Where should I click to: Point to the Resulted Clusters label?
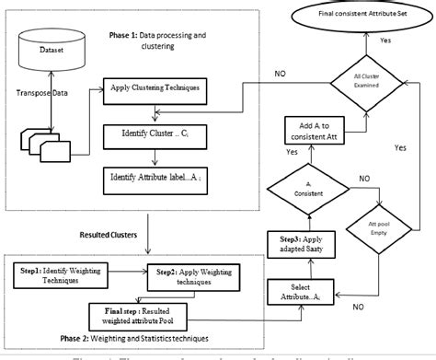pos(119,236)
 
